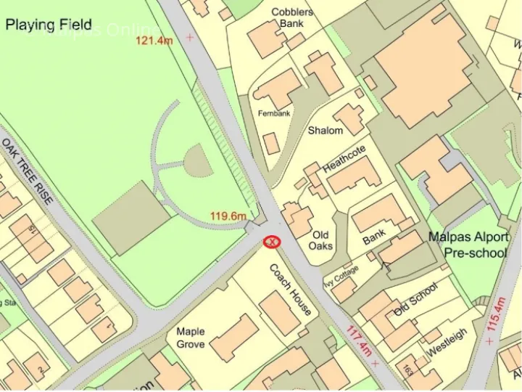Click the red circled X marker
coord(272,241)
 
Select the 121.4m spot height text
coord(154,40)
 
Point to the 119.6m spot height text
coord(228,216)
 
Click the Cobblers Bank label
coord(292,17)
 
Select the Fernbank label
coord(274,114)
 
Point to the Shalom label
coord(325,131)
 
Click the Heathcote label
coord(344,158)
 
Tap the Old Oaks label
coord(320,240)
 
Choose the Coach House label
coord(290,289)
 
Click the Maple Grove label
coord(191,338)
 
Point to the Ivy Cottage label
coord(341,276)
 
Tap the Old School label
coord(415,299)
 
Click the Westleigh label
coord(447,343)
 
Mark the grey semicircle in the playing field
coord(196,161)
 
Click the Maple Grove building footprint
coord(233,338)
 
